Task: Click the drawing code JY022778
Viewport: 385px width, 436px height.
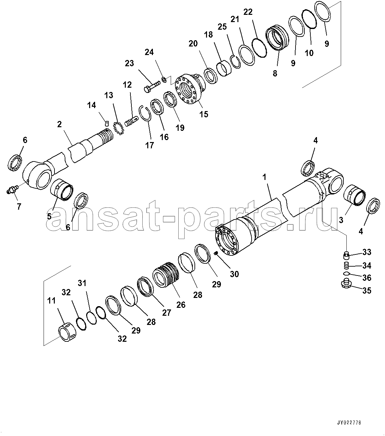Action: [x=349, y=423]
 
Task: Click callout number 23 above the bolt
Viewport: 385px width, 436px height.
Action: [x=129, y=63]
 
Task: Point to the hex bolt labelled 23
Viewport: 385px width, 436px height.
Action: [x=152, y=87]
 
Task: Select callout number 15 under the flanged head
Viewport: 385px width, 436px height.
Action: [x=204, y=114]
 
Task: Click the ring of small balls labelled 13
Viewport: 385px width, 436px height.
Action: [x=119, y=128]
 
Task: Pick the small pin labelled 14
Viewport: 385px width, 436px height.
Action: [x=106, y=123]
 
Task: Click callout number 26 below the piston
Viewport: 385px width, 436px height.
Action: [x=181, y=305]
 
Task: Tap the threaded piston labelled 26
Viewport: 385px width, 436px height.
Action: [x=165, y=275]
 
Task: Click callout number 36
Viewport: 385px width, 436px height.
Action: [x=367, y=278]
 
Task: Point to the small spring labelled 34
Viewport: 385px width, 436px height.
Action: [x=346, y=266]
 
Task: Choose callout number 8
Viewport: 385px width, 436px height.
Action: [x=275, y=73]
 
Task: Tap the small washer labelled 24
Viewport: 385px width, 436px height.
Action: [x=164, y=80]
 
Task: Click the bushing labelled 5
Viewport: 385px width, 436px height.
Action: [x=62, y=190]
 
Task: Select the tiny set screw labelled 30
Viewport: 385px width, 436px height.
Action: [x=215, y=253]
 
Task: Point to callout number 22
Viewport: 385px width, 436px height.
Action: [x=248, y=12]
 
